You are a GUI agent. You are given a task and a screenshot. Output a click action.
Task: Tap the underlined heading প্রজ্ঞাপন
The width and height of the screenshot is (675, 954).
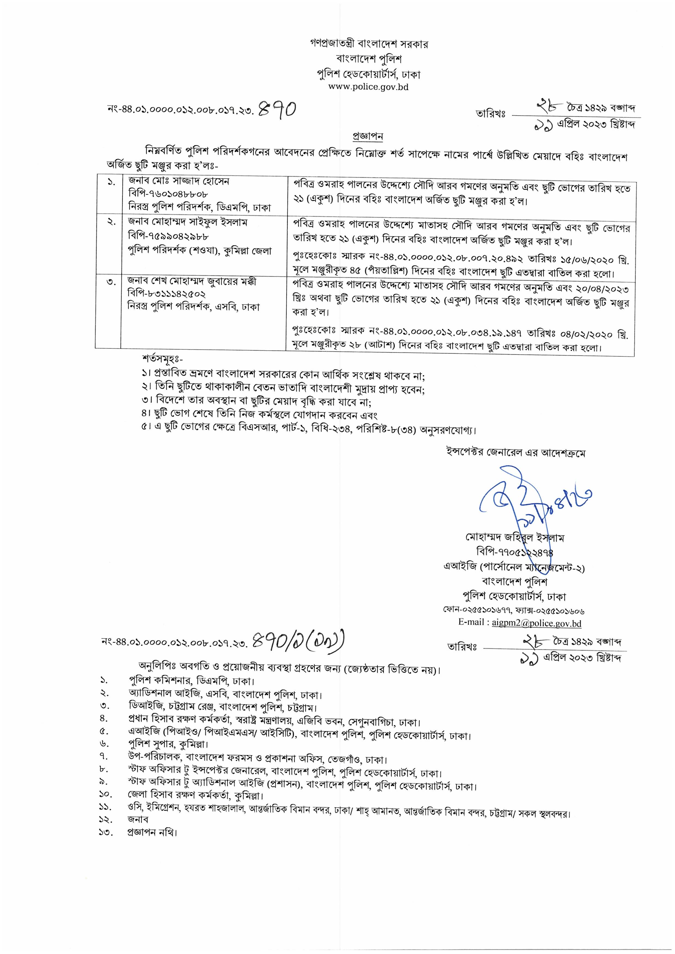coord(368,136)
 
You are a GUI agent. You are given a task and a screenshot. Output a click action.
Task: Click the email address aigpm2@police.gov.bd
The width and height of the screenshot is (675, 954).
coord(536,623)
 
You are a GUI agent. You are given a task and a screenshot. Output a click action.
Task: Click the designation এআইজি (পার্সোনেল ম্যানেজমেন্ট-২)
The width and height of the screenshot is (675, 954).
coord(514,567)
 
